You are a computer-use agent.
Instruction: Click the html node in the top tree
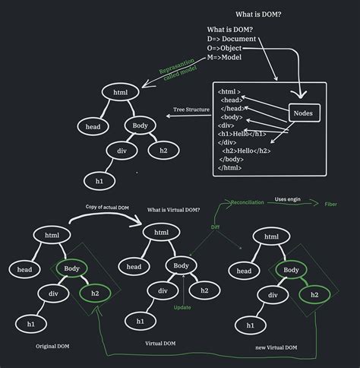point(120,92)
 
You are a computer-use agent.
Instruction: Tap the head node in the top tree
point(93,127)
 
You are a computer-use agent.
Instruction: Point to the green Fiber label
point(331,205)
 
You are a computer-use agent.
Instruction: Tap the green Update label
point(182,307)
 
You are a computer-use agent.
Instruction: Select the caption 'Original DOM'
point(54,346)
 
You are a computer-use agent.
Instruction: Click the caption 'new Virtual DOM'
point(276,347)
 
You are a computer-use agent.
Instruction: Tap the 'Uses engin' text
point(288,198)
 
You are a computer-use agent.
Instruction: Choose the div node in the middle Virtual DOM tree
point(163,290)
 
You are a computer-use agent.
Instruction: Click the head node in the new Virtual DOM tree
point(244,271)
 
